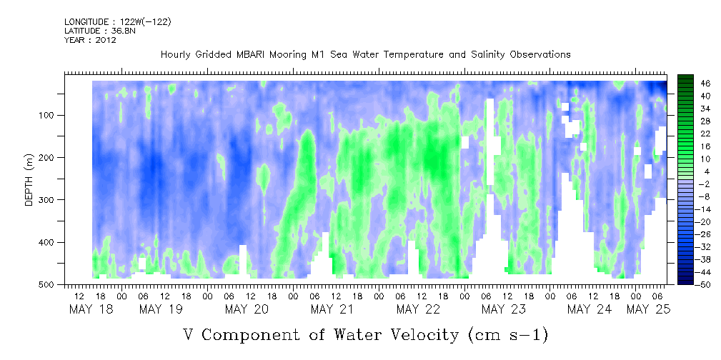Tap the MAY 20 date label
247,309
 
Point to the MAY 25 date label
648,309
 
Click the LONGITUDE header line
117,22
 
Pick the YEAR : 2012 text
90,40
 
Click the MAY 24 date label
590,309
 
